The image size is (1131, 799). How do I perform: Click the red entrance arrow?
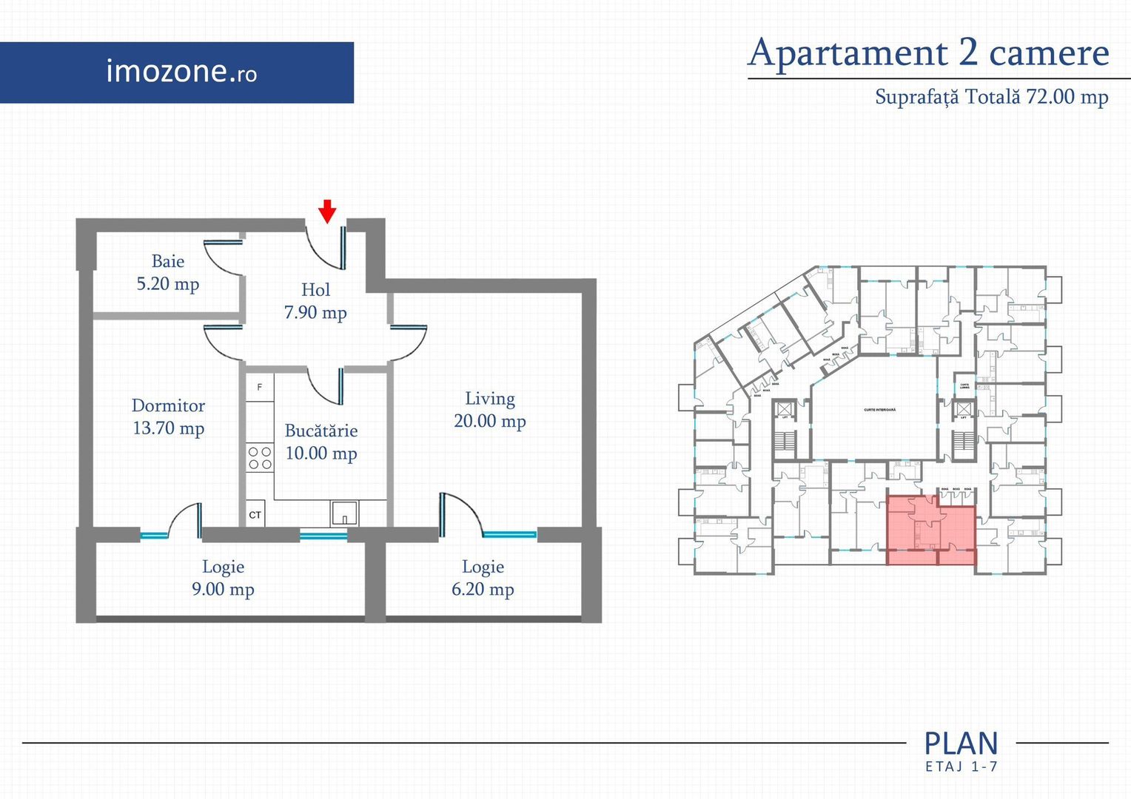click(327, 211)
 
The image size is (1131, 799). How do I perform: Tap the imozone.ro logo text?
click(181, 72)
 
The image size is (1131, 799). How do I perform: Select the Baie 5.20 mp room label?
click(168, 272)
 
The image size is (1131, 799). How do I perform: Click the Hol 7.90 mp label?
click(315, 301)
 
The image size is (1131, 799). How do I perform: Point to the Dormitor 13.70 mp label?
click(168, 417)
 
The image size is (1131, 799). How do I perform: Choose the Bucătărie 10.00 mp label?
click(321, 442)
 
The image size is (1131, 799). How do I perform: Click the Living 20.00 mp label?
click(489, 410)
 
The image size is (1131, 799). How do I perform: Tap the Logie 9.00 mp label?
click(223, 578)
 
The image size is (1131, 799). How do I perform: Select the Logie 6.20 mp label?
click(483, 578)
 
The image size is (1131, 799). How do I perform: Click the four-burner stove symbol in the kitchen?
click(260, 457)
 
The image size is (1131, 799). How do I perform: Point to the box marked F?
click(260, 387)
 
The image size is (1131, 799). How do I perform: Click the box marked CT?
click(255, 514)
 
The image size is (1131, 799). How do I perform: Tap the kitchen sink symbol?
click(344, 513)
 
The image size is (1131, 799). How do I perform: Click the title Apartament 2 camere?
click(928, 53)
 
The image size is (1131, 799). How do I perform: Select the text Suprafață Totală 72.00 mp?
click(991, 97)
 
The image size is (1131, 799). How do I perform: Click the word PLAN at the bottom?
click(961, 744)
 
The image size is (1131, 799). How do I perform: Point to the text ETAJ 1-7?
click(961, 767)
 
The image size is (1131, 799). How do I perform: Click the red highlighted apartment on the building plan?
click(931, 530)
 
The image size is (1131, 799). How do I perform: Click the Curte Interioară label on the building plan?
click(879, 410)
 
